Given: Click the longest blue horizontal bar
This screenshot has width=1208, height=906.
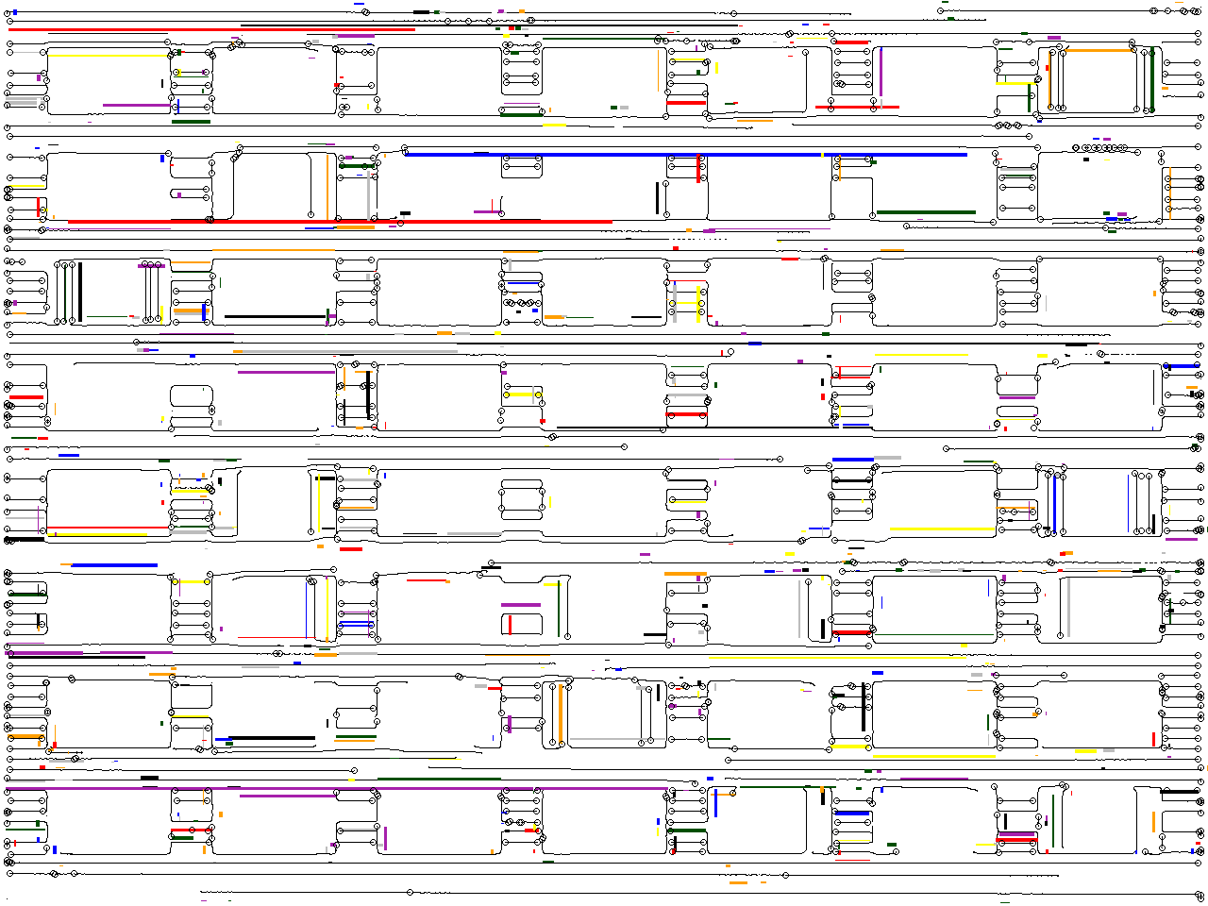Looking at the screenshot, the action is click(685, 154).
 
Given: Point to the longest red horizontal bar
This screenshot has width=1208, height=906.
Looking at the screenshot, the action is click(340, 222).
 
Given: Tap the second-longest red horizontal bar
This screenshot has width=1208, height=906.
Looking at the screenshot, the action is click(211, 29).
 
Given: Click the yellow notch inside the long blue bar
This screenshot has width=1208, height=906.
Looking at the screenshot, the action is click(822, 154).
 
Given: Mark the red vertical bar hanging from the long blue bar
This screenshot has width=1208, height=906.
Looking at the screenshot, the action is click(698, 169).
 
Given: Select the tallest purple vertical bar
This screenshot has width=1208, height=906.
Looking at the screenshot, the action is click(881, 73).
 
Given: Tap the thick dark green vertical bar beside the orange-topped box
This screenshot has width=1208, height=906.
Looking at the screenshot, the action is click(1152, 80).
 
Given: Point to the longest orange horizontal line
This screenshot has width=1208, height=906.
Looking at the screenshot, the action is click(274, 250).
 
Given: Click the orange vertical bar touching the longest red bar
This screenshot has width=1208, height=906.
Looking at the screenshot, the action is click(328, 187).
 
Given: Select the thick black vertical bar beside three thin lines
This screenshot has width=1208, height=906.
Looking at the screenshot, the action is click(80, 293).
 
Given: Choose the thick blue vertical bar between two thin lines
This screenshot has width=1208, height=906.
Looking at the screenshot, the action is click(1054, 503).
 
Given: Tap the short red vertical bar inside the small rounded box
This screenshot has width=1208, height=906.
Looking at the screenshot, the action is click(511, 624).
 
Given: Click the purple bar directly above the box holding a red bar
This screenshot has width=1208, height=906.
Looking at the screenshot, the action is click(521, 605).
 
